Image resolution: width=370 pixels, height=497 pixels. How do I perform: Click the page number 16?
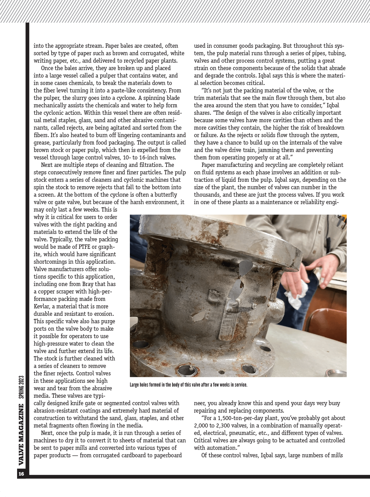pyautogui.click(x=21, y=474)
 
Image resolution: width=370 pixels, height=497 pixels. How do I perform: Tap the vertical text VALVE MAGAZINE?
pyautogui.click(x=21, y=435)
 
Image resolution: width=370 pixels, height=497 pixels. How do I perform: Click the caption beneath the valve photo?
pyautogui.click(x=188, y=385)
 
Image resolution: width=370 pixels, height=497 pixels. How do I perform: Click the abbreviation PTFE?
pyautogui.click(x=78, y=247)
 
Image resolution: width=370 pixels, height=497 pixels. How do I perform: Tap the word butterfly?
pyautogui.click(x=166, y=195)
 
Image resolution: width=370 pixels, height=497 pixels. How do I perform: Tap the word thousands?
pyautogui.click(x=208, y=195)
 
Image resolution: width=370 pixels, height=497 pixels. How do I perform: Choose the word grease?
pyautogui.click(x=42, y=143)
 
